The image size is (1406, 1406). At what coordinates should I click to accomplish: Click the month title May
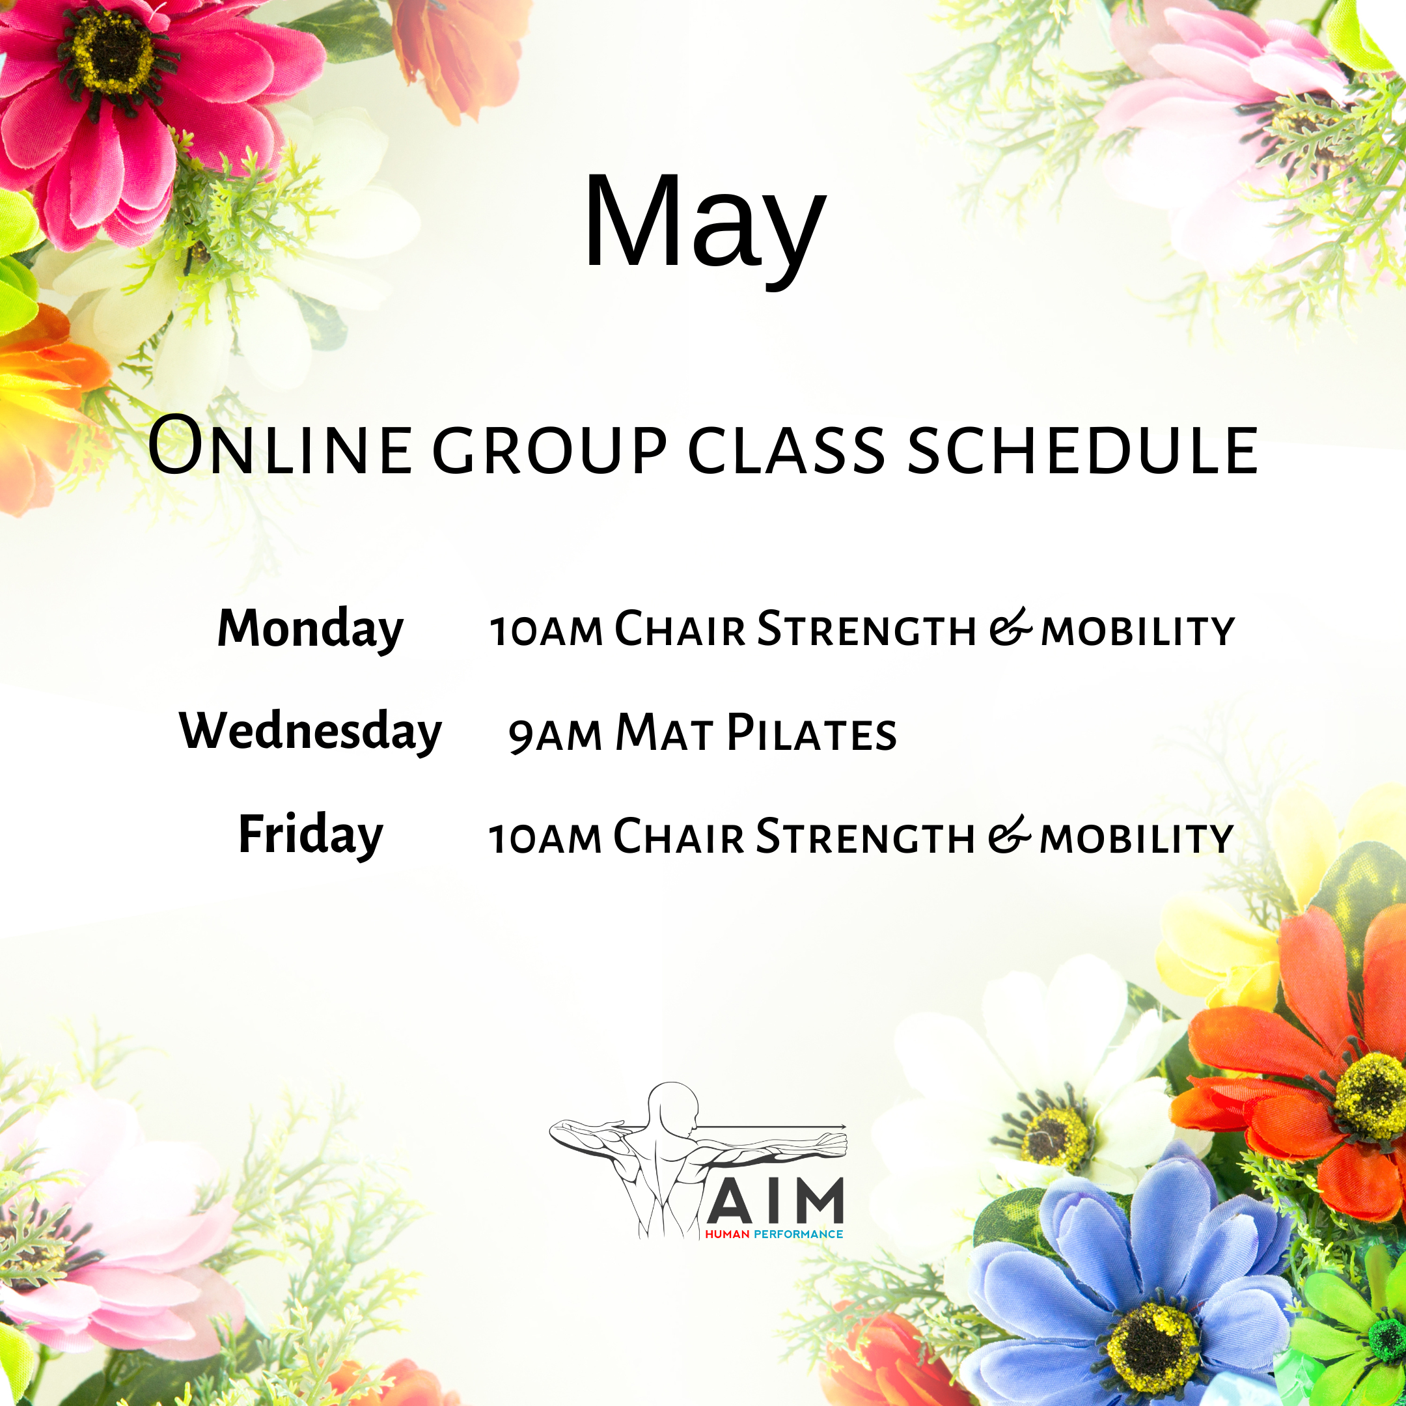tap(704, 226)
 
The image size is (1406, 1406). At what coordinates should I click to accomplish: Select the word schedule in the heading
tap(1083, 450)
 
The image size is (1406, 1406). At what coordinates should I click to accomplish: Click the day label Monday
tap(310, 629)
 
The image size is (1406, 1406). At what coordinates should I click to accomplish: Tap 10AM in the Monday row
tap(547, 631)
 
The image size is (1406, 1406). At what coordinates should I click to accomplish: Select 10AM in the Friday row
tap(545, 838)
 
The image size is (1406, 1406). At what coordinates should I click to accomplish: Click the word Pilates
tap(812, 732)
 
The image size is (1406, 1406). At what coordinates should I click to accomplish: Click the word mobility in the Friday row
tap(1137, 838)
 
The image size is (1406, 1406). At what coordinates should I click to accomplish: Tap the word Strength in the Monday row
tap(866, 628)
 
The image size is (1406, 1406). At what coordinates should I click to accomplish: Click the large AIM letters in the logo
tap(775, 1201)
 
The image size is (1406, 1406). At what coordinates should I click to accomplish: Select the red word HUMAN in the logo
tap(727, 1234)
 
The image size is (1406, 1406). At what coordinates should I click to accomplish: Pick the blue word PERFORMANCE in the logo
tap(798, 1234)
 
